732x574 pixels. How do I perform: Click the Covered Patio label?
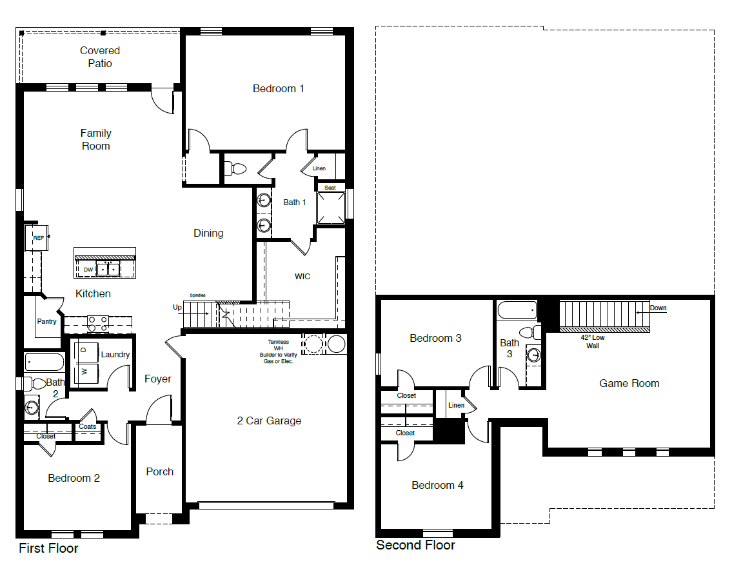pyautogui.click(x=100, y=57)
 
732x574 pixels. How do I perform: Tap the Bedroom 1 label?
pyautogui.click(x=278, y=88)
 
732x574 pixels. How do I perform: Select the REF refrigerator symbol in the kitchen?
pyautogui.click(x=37, y=238)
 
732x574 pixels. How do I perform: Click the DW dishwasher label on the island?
pyautogui.click(x=88, y=270)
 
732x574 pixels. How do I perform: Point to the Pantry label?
pyautogui.click(x=46, y=321)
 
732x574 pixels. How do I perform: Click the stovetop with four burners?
pyautogui.click(x=97, y=323)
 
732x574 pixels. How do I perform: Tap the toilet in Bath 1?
pyautogui.click(x=236, y=169)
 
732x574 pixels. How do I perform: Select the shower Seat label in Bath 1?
pyautogui.click(x=330, y=188)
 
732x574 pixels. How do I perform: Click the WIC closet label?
pyautogui.click(x=302, y=276)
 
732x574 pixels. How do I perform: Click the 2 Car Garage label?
pyautogui.click(x=269, y=421)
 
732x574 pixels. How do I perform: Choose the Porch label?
pyautogui.click(x=159, y=471)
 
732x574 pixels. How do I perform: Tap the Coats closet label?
pyautogui.click(x=88, y=426)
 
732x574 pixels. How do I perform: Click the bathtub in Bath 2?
pyautogui.click(x=45, y=362)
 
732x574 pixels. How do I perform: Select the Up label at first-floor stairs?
pyautogui.click(x=177, y=308)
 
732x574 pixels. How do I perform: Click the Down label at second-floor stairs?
pyautogui.click(x=658, y=308)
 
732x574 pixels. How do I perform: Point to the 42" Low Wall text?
pyautogui.click(x=593, y=342)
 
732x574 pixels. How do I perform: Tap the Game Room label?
pyautogui.click(x=629, y=383)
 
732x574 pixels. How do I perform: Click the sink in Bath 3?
pyautogui.click(x=533, y=354)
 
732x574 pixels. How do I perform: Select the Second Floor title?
pyautogui.click(x=415, y=545)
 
